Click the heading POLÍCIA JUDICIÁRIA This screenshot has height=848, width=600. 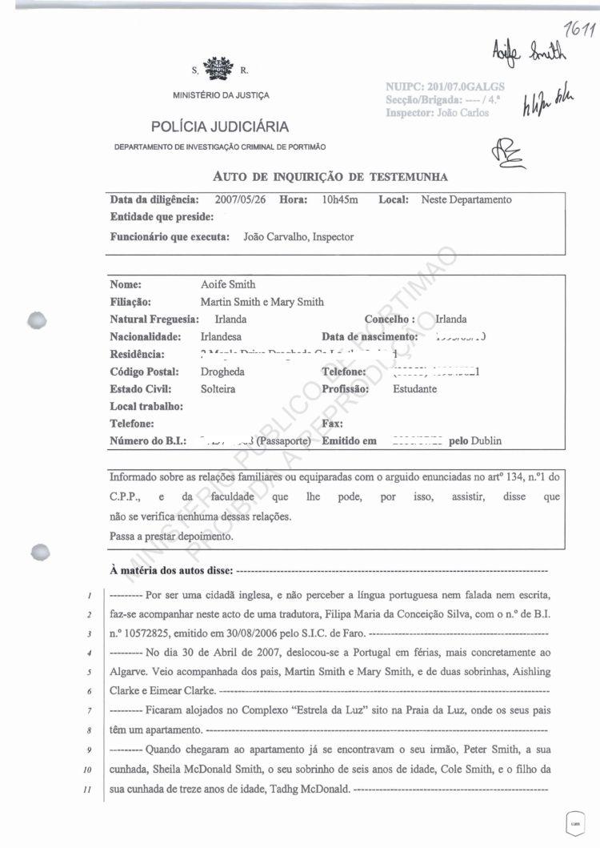220,127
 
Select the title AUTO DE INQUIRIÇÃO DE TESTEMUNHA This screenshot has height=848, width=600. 330,176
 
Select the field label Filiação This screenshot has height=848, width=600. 130,302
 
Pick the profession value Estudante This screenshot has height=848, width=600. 414,389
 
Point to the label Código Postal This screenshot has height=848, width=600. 144,372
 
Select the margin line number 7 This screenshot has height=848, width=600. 94,710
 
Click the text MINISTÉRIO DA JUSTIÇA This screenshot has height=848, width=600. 221,95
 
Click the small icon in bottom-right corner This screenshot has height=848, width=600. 574,823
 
